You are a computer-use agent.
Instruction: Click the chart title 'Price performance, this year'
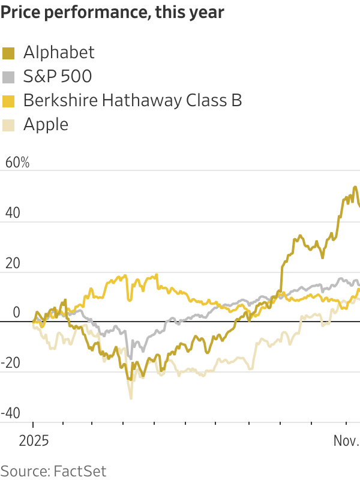pos(112,12)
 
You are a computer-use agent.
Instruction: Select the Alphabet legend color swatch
pos(8,53)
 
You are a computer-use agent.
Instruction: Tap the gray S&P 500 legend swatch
pos(8,77)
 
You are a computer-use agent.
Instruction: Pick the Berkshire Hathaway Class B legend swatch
pos(8,101)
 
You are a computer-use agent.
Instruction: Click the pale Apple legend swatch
pos(8,125)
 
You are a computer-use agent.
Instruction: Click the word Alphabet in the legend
pos(59,52)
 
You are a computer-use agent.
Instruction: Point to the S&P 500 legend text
pos(58,76)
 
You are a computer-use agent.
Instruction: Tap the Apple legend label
pos(46,125)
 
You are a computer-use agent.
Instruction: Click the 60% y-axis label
pos(17,162)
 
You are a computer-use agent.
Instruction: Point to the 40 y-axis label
pos(13,212)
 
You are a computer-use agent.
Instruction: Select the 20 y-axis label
pos(13,263)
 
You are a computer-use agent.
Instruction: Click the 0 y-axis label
pos(17,313)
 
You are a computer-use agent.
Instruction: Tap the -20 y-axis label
pos(10,363)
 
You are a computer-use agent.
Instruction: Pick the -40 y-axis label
pos(10,413)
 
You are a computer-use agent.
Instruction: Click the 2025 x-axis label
pos(34,441)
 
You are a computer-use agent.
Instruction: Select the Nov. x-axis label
pos(347,441)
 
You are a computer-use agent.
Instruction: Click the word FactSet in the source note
pos(80,471)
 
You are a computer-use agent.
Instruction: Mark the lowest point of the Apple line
pos(131,398)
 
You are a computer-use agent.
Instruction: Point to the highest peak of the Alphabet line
pos(355,187)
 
